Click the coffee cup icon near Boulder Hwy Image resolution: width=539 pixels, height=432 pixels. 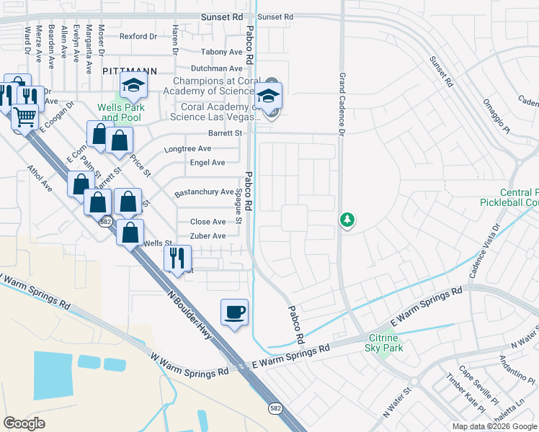click(x=234, y=312)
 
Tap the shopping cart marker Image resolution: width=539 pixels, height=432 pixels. click(x=25, y=116)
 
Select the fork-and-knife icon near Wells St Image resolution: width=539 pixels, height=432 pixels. click(x=177, y=256)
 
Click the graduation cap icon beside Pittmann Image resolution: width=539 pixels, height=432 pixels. click(x=133, y=86)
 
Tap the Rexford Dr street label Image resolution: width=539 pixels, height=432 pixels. click(x=138, y=36)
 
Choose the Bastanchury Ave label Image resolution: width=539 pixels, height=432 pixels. click(x=204, y=193)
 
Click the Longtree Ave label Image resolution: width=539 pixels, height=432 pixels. click(x=187, y=148)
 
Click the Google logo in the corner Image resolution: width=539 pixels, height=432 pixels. click(x=24, y=423)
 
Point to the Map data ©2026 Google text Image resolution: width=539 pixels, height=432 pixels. click(x=494, y=426)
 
